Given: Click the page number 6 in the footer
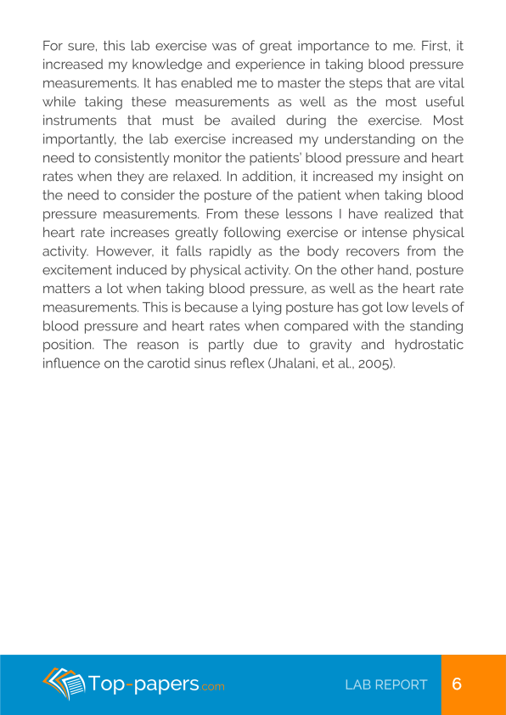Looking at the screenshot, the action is coord(457,684).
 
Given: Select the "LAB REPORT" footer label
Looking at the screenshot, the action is coord(386,684).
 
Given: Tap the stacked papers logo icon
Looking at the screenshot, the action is coord(63,683).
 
